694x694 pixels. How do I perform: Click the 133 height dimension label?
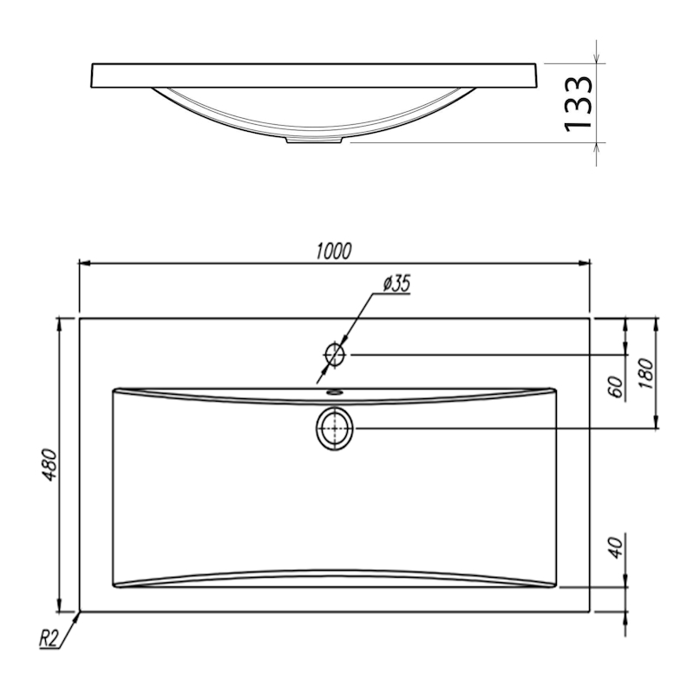click(578, 104)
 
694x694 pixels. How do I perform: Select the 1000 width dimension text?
click(334, 251)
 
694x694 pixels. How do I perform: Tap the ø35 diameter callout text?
click(396, 284)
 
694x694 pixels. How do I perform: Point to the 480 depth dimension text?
click(49, 465)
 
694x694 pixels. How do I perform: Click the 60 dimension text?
click(615, 387)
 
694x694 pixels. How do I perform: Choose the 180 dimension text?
click(645, 374)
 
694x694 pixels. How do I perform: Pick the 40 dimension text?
click(615, 547)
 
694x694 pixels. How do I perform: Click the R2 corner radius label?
click(49, 638)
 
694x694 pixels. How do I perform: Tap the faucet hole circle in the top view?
click(335, 355)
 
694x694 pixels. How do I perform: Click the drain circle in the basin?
click(335, 429)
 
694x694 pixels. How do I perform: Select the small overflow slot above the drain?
click(335, 392)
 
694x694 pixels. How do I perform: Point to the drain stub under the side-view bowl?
click(315, 140)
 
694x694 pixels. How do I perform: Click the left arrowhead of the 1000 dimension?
click(85, 264)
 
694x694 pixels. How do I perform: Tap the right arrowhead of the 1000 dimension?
click(584, 264)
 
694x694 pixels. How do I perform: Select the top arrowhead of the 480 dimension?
click(59, 324)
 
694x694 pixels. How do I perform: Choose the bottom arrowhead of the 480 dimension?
click(59, 606)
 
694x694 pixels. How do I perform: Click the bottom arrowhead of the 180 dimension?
click(657, 422)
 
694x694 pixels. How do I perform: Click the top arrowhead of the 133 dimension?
click(596, 58)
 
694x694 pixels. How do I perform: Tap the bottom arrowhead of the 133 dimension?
click(596, 148)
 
